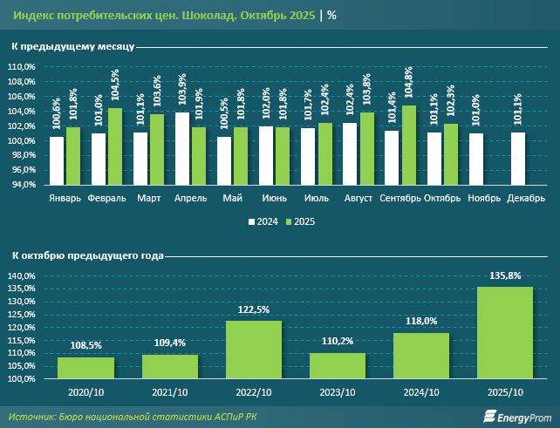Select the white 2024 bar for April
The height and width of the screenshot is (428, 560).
tap(182, 149)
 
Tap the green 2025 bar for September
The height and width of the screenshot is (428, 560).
tap(408, 146)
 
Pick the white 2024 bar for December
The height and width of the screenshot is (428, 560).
tap(518, 159)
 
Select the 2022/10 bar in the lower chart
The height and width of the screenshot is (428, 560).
tap(254, 350)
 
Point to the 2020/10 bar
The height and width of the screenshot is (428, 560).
tap(86, 368)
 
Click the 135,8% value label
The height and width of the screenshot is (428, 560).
tap(505, 276)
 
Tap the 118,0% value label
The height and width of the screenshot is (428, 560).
tap(421, 322)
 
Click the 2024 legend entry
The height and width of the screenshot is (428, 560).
tap(261, 222)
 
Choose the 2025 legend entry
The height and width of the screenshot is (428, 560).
tap(299, 222)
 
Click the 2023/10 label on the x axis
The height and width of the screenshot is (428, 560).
tap(338, 392)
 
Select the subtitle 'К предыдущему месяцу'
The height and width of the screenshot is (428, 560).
tap(72, 45)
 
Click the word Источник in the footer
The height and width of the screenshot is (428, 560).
tap(32, 415)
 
